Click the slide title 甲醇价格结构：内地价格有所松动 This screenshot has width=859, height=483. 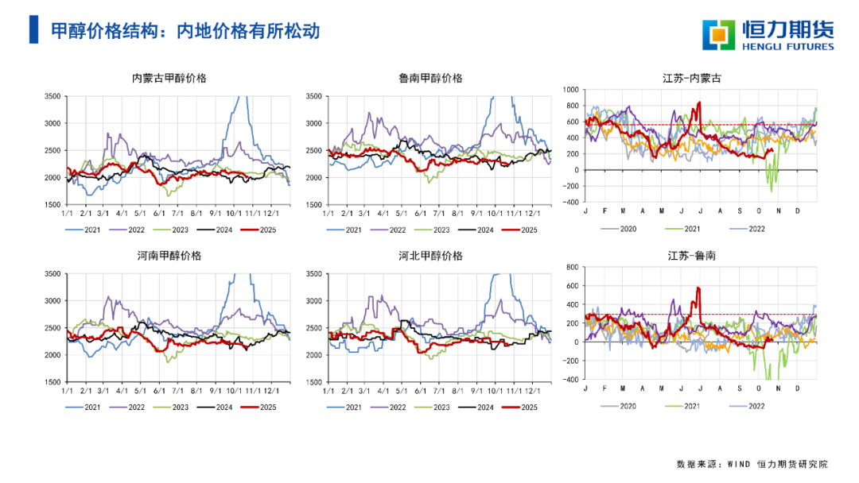click(185, 30)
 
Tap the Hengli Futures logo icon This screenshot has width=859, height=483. click(718, 33)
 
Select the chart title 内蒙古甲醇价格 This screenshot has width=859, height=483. click(169, 78)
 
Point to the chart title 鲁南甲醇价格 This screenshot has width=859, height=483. click(430, 78)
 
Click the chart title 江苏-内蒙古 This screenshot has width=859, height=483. click(692, 78)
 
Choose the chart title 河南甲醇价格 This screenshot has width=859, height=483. click(169, 256)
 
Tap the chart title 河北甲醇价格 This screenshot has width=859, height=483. click(430, 256)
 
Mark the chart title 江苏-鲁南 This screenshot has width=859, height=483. click(692, 256)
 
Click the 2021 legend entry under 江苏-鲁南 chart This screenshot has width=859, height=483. click(690, 407)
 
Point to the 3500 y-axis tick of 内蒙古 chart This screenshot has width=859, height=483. click(52, 96)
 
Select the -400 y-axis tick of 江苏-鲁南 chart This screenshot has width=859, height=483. click(569, 379)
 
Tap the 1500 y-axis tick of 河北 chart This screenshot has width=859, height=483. click(313, 382)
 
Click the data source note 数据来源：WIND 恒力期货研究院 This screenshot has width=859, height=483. click(752, 463)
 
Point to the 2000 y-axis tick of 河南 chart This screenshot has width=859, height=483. click(52, 355)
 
